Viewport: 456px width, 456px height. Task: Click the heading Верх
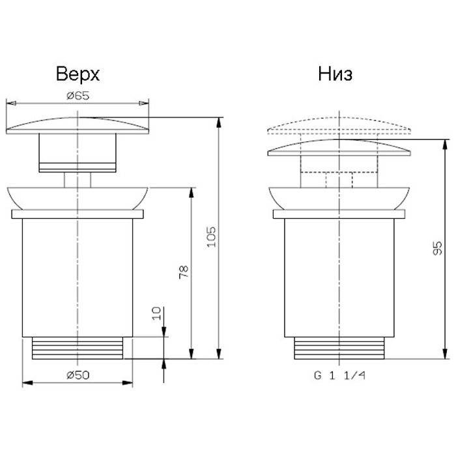[78, 74]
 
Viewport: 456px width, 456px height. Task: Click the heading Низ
[335, 74]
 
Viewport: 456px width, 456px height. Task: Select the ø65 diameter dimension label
[78, 95]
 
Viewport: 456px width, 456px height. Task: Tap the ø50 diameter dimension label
[78, 375]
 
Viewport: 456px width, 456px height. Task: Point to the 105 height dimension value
[212, 237]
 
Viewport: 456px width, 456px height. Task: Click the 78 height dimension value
[184, 272]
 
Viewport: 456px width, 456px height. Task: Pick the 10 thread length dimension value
[156, 313]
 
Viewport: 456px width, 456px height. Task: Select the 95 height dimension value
[437, 248]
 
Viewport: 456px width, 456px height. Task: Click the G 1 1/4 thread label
[339, 375]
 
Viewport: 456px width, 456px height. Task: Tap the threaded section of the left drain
[78, 348]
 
